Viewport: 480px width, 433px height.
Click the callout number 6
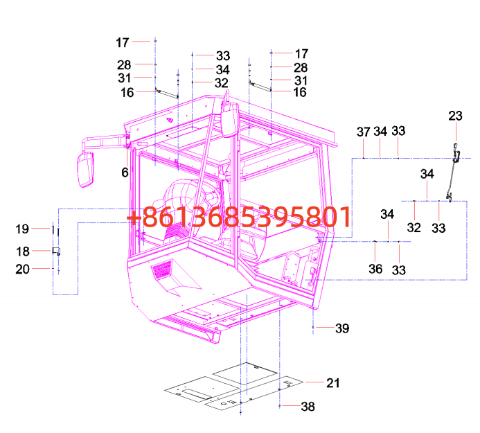click(x=125, y=173)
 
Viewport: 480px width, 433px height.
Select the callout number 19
click(x=22, y=229)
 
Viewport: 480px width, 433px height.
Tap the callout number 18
click(x=23, y=251)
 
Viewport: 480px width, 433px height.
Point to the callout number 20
click(x=23, y=269)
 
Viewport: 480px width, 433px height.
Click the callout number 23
click(x=455, y=116)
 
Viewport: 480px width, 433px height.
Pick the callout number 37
click(x=364, y=132)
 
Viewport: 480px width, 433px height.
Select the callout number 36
click(x=375, y=269)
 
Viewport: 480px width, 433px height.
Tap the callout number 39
click(x=342, y=328)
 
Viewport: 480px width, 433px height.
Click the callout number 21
click(x=333, y=383)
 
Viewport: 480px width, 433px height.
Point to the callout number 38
click(x=308, y=407)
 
